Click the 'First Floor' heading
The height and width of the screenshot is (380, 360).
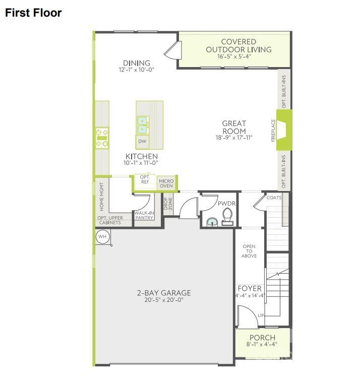(x=33, y=13)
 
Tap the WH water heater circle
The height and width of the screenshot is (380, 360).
(x=102, y=236)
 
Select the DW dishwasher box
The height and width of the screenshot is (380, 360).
(x=142, y=141)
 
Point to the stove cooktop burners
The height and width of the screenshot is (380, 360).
(x=102, y=138)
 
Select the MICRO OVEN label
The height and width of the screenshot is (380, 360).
(x=166, y=183)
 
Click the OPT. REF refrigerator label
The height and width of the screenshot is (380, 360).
(x=145, y=180)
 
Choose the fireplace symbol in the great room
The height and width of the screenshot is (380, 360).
(x=283, y=130)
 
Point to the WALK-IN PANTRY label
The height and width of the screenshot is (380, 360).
(x=144, y=215)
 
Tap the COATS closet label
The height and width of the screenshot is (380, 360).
(x=274, y=198)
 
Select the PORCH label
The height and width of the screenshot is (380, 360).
(x=262, y=337)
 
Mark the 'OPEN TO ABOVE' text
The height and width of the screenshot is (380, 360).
(x=249, y=251)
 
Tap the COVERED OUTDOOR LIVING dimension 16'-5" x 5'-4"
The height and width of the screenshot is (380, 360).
(x=234, y=56)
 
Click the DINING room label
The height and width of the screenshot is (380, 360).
(x=136, y=63)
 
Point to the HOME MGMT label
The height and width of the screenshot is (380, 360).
(x=101, y=197)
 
